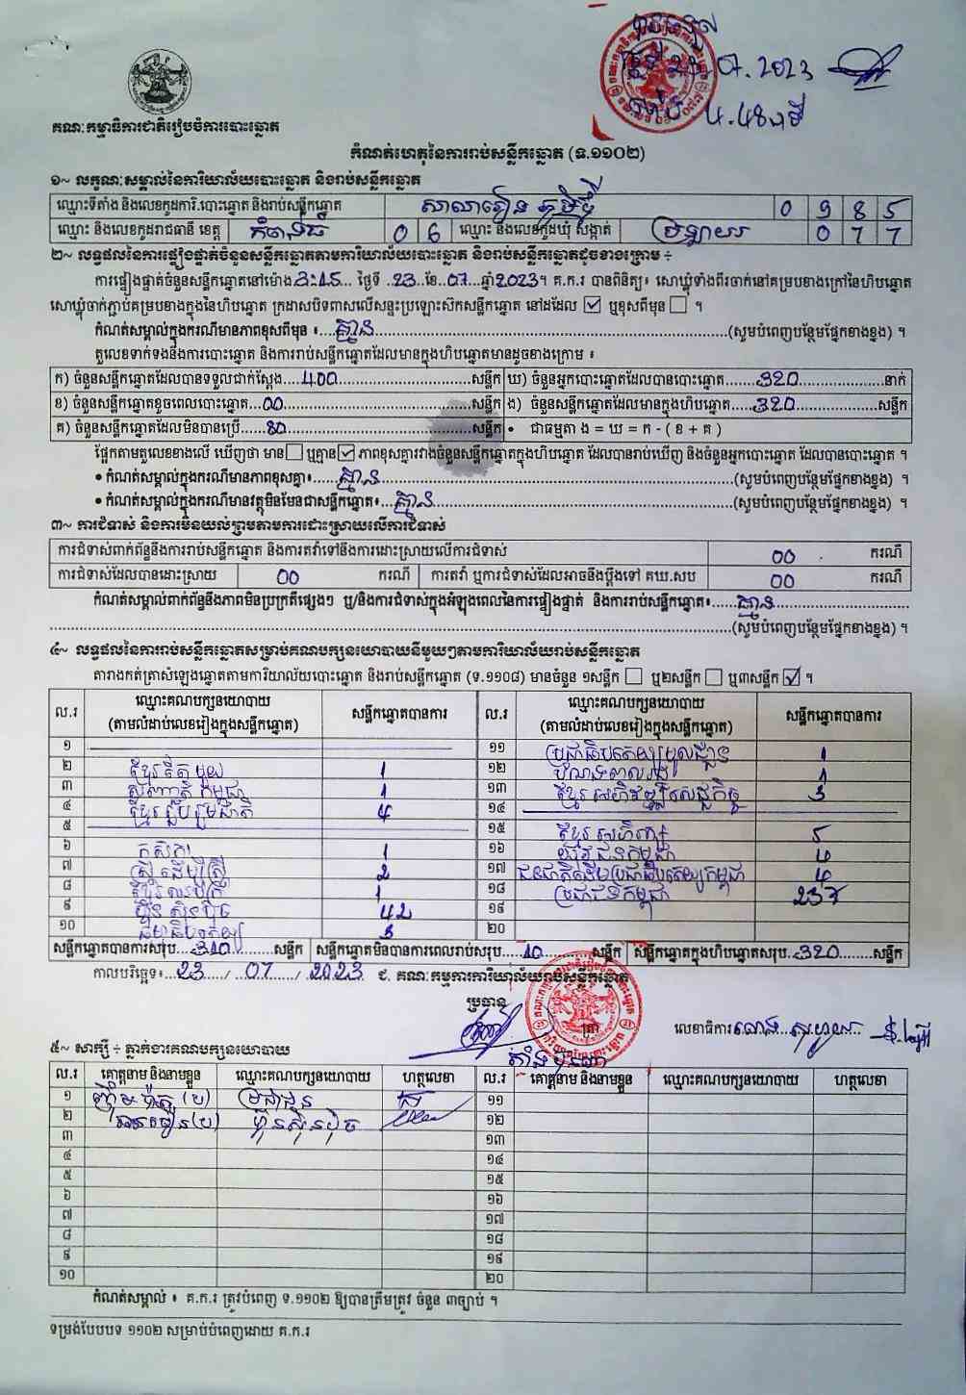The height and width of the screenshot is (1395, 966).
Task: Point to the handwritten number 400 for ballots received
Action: click(x=318, y=378)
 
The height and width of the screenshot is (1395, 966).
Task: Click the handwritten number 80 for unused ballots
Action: click(x=278, y=428)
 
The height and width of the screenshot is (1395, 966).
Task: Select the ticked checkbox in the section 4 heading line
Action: click(x=792, y=676)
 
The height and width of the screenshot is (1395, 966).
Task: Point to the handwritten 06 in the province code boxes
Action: click(x=420, y=232)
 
